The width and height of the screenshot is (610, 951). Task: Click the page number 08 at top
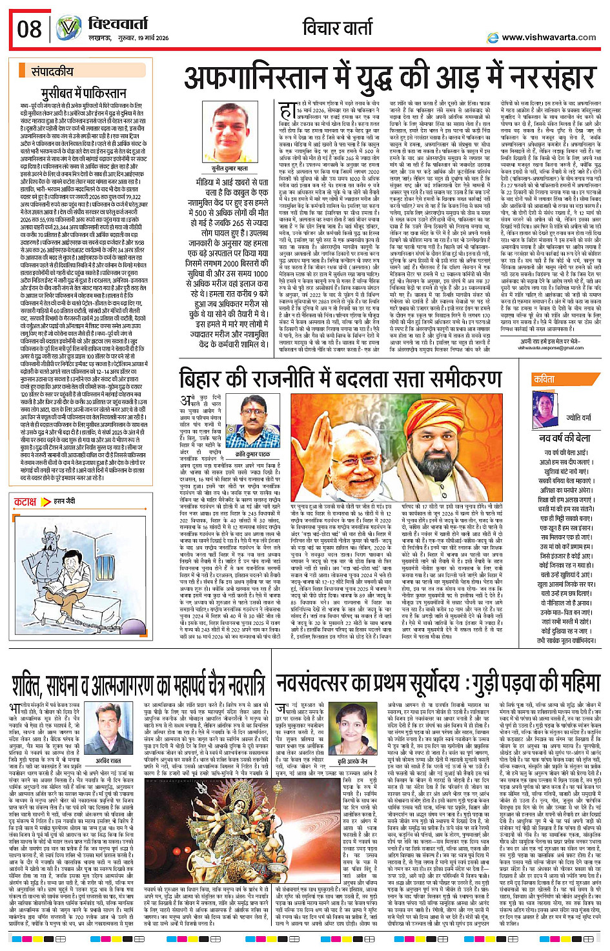point(29,29)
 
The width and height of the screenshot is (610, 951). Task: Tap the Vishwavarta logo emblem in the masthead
point(68,28)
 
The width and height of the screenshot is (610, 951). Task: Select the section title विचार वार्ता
point(338,28)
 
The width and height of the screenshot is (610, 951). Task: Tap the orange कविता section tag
point(544,380)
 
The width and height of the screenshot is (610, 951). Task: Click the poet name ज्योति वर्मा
point(578,418)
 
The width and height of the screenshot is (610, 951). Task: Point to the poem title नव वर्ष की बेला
point(565,438)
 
